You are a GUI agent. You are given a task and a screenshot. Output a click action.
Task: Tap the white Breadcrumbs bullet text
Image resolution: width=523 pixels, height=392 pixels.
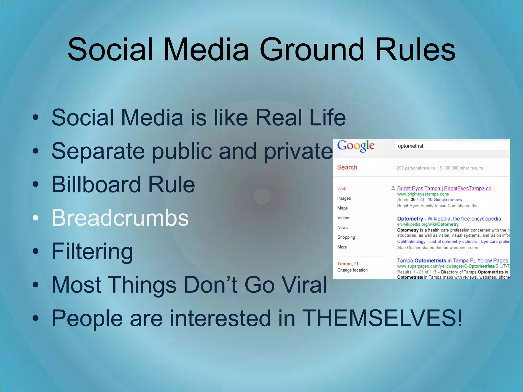(120, 218)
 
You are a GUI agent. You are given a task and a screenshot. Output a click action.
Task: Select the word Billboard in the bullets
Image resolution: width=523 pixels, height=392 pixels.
(96, 184)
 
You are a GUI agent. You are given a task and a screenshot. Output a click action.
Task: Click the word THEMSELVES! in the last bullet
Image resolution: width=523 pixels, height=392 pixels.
(382, 318)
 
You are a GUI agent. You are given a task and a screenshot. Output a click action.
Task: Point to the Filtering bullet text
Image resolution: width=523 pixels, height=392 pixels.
(92, 251)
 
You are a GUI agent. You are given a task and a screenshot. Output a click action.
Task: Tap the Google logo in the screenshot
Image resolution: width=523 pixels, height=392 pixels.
(356, 146)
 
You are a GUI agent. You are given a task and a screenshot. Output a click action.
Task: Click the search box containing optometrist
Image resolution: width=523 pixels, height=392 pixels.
(452, 146)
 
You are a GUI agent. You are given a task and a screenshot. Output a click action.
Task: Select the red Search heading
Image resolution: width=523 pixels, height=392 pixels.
(347, 167)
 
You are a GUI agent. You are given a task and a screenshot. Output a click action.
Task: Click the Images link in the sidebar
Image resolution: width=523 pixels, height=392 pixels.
(344, 198)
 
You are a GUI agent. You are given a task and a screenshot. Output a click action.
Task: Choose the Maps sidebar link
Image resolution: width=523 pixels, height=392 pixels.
(342, 208)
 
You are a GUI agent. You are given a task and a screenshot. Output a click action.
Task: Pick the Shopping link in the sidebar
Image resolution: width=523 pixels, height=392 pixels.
(346, 237)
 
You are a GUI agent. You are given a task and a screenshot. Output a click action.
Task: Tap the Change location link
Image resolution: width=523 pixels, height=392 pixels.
(352, 270)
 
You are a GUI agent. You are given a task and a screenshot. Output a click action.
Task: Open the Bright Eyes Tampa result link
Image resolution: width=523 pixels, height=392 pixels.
(444, 188)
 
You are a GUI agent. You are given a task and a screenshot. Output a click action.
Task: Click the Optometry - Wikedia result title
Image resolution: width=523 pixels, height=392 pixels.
(449, 219)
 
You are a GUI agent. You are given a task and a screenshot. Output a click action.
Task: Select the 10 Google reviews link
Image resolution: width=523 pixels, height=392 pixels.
(445, 200)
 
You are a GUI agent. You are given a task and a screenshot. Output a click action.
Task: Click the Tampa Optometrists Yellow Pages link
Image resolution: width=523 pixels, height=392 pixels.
(453, 261)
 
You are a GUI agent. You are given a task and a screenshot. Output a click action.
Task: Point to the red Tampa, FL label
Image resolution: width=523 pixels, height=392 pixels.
(348, 264)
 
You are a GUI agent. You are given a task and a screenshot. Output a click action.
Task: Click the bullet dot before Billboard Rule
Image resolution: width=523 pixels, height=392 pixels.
(35, 184)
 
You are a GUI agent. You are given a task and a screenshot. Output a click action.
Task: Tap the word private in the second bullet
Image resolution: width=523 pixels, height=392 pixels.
(298, 151)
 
